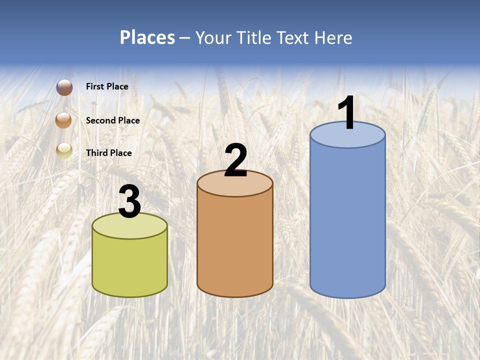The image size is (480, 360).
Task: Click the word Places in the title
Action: pos(147,37)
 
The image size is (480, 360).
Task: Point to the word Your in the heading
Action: pos(213,37)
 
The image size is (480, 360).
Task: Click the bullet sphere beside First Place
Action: pos(64,87)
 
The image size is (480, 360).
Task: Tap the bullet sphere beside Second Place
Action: pos(64,120)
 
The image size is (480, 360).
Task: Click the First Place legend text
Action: pos(107,86)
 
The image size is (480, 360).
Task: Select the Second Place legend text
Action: pos(112,120)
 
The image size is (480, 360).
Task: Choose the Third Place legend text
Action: pos(108,153)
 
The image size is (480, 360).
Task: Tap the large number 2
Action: pos(235,160)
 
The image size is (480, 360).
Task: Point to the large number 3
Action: pos(129,202)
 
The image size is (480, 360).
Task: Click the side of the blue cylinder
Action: pos(347,220)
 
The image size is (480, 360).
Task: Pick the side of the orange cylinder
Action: pos(235,245)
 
